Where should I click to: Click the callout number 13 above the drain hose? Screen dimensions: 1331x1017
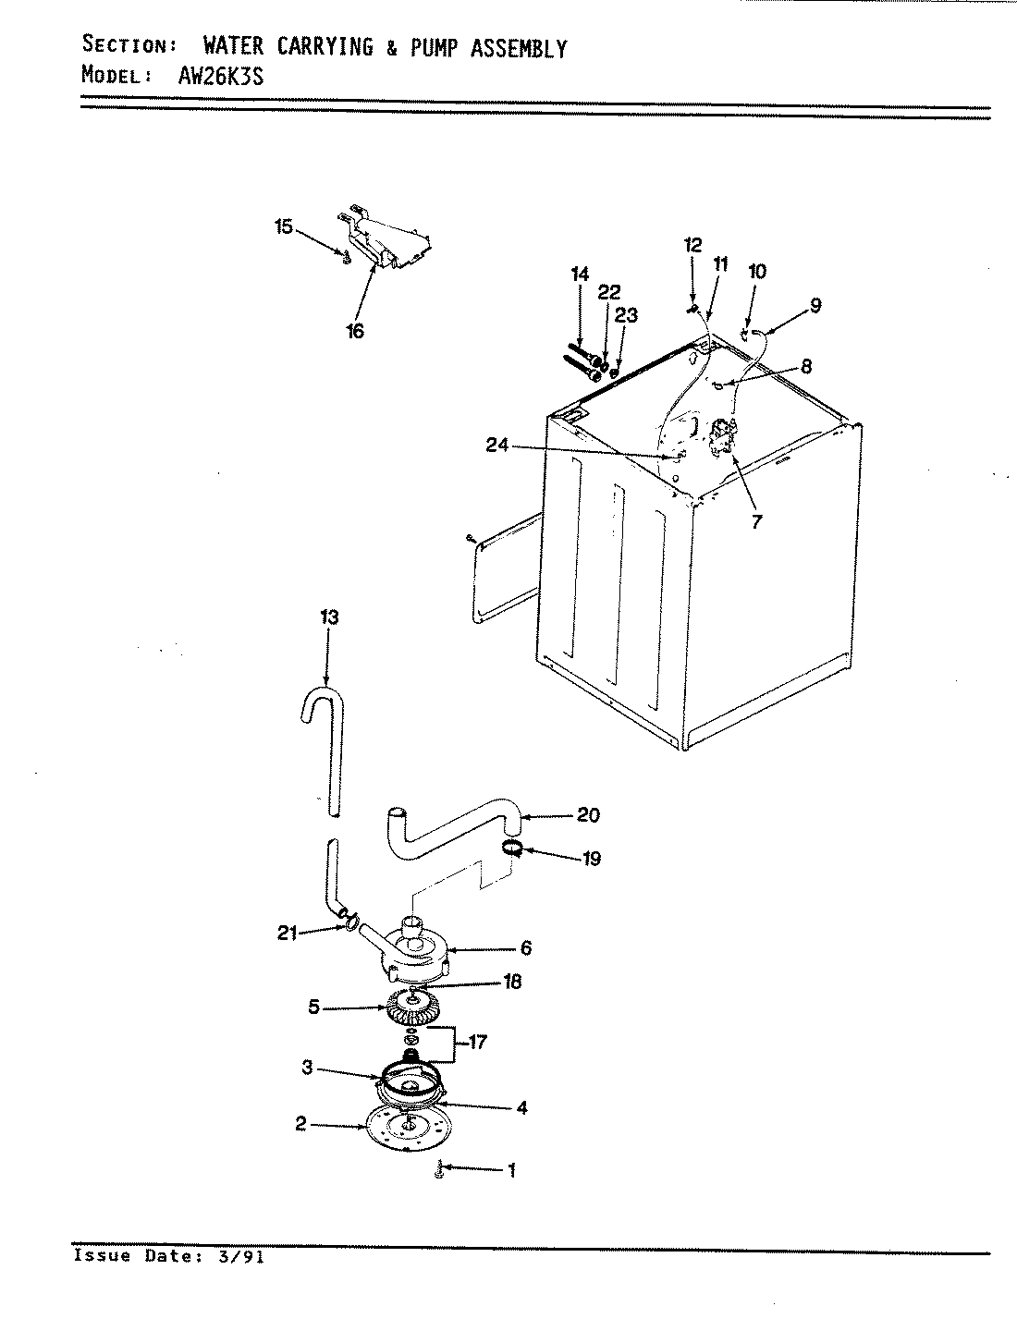328,617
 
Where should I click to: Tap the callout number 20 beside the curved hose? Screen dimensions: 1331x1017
588,814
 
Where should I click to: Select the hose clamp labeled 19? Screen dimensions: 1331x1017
515,848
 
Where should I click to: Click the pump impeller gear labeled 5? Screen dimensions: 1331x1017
411,1007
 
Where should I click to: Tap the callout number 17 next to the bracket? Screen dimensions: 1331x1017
478,1043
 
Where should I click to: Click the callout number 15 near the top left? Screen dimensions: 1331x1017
283,226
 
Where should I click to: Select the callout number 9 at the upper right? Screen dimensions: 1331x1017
815,305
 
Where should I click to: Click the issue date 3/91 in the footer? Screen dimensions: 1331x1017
239,1256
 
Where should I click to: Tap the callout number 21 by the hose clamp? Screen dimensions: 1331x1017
287,933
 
